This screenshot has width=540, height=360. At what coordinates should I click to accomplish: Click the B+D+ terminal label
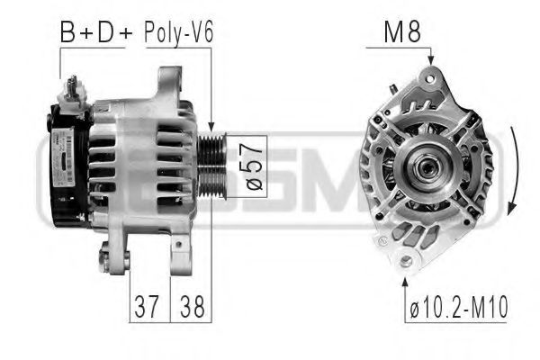tap(95, 34)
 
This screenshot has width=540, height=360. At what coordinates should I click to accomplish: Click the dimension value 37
tap(148, 306)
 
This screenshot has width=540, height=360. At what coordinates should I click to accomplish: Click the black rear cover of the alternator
tap(65, 166)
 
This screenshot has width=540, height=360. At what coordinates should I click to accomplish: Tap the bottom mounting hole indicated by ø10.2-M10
tap(406, 261)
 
